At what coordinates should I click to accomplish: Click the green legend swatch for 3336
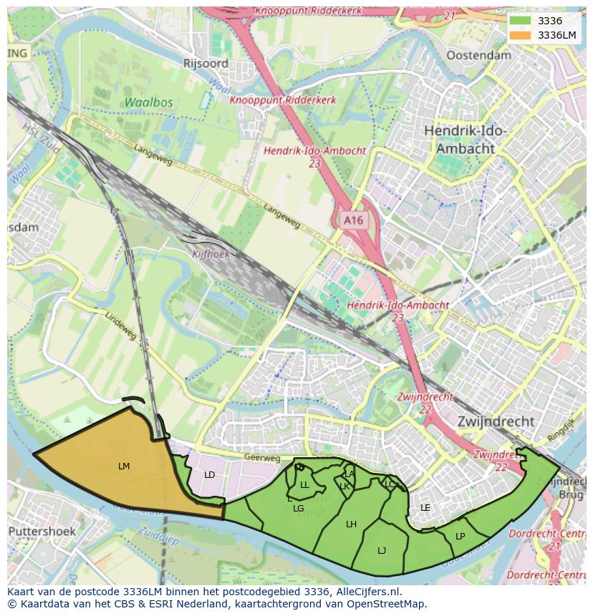click(521, 21)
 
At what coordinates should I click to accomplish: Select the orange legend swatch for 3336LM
click(521, 35)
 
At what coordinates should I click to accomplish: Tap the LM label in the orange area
click(124, 466)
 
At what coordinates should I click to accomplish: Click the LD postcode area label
click(209, 475)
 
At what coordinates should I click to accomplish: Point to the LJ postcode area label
click(382, 550)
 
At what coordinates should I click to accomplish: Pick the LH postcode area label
click(351, 524)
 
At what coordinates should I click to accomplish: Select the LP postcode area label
click(460, 537)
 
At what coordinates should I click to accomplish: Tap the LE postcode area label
click(425, 508)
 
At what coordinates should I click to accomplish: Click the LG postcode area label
click(299, 509)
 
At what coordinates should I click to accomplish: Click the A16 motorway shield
click(353, 220)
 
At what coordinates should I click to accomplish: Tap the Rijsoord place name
click(206, 64)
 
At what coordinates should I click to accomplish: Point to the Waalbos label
click(148, 102)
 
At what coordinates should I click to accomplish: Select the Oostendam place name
click(478, 55)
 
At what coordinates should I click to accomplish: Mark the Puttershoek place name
click(42, 532)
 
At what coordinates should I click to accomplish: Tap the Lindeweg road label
click(120, 326)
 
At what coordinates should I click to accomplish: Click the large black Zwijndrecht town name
click(496, 421)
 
